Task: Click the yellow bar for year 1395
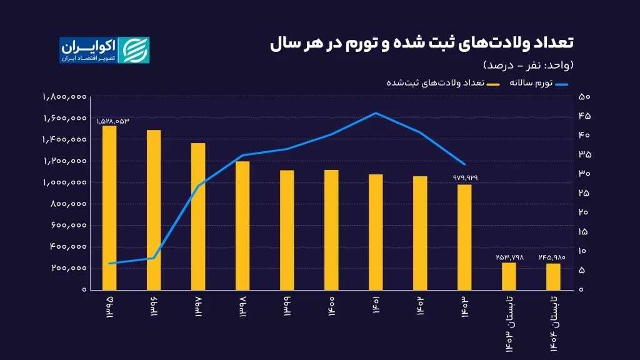click(x=109, y=207)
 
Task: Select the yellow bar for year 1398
click(x=242, y=225)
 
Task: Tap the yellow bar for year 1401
click(x=376, y=232)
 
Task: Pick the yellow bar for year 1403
click(x=464, y=237)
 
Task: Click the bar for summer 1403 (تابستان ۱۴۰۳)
click(x=509, y=276)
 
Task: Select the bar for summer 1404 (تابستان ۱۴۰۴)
click(x=553, y=276)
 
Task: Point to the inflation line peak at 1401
click(x=376, y=113)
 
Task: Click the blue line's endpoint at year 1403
click(x=464, y=164)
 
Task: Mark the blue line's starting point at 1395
click(x=109, y=263)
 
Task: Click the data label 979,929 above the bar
click(x=465, y=178)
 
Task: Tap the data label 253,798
click(x=509, y=257)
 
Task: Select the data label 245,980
click(x=554, y=257)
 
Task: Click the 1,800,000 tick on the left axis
click(x=64, y=97)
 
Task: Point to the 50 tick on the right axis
click(x=584, y=97)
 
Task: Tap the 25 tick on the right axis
click(x=584, y=193)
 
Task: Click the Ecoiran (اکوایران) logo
click(x=104, y=50)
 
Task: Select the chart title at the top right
click(x=422, y=43)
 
